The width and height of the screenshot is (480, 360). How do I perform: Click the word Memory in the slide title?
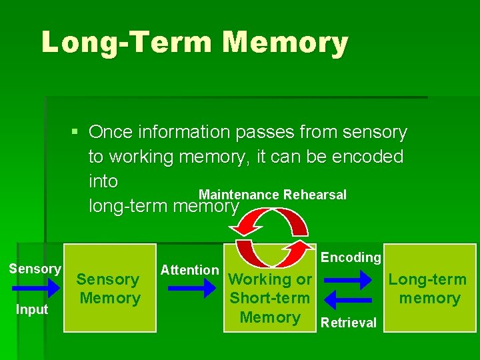286,43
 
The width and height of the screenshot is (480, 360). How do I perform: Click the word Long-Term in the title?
127,43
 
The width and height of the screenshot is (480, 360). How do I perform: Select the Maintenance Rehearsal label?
273,195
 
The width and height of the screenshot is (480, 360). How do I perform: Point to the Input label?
33,309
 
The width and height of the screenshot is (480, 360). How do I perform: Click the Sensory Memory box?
109,289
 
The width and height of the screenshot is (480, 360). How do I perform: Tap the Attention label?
189,270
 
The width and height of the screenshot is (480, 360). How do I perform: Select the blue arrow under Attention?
192,289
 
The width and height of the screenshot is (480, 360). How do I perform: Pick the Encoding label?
351,257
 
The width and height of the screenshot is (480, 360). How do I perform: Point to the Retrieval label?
349,323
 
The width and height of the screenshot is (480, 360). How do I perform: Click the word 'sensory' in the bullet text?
374,133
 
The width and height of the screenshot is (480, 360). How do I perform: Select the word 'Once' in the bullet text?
111,133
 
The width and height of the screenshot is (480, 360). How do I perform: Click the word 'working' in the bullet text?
141,157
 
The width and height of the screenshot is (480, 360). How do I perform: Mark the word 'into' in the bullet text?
103,181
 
